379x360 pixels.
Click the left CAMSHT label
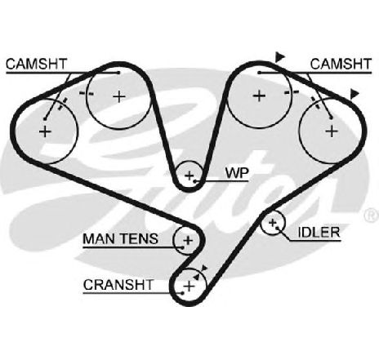(x=36, y=64)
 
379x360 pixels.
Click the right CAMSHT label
(x=341, y=64)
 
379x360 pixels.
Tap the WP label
(x=237, y=173)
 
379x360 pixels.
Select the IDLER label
(x=319, y=233)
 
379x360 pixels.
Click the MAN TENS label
(x=120, y=238)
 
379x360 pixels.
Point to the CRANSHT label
(x=118, y=285)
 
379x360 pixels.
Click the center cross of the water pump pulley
(x=189, y=176)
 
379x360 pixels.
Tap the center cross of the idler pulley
(x=272, y=223)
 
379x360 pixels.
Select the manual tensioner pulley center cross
(x=188, y=240)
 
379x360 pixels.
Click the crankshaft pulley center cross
(x=189, y=287)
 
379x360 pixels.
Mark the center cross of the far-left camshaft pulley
(x=45, y=131)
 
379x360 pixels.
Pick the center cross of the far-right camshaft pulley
(x=332, y=131)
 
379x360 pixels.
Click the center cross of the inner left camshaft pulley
(x=119, y=96)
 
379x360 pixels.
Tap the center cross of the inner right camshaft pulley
(x=259, y=96)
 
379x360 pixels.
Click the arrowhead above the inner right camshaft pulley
(x=279, y=57)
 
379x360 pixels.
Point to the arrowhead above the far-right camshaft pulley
(x=354, y=94)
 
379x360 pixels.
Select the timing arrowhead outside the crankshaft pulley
(x=204, y=268)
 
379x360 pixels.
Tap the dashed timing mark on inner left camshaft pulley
(x=87, y=94)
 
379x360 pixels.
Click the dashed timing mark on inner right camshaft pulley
(x=292, y=93)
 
